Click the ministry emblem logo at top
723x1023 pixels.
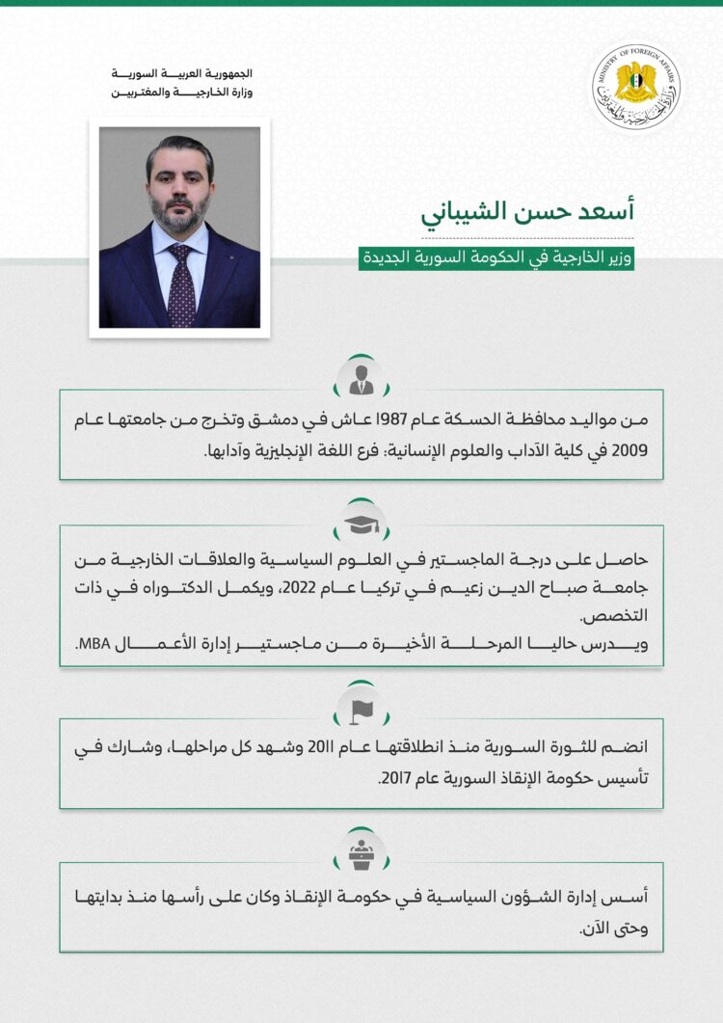[635, 90]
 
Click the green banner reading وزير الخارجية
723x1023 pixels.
[495, 258]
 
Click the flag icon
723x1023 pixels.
[361, 709]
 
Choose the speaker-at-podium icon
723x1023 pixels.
[361, 852]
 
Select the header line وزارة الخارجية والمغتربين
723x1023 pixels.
[183, 93]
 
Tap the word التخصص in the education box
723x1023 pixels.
[628, 614]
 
